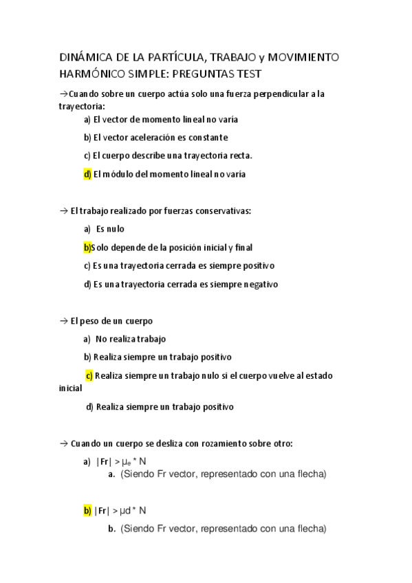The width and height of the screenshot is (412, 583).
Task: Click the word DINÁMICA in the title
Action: coord(81,57)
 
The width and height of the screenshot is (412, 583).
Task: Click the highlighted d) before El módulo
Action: coord(87,174)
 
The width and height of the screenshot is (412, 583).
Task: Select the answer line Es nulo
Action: coord(110,229)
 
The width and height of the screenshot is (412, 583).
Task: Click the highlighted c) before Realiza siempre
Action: coord(89,375)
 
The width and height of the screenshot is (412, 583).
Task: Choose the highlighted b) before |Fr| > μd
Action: coord(87,511)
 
